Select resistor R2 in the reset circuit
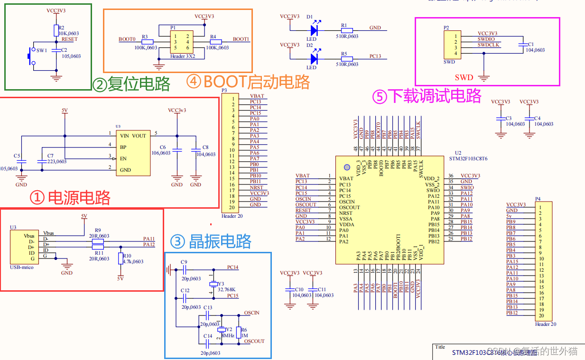click(56, 30)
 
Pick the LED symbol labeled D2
click(313, 59)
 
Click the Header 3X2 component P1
click(182, 42)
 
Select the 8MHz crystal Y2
click(221, 331)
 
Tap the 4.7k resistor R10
click(120, 258)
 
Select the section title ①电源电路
click(70, 197)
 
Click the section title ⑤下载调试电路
click(427, 96)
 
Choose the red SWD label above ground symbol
click(464, 77)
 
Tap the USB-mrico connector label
click(22, 267)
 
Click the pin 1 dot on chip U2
click(346, 167)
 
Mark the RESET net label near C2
click(69, 39)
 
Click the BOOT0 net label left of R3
click(127, 39)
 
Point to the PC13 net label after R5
click(375, 56)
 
